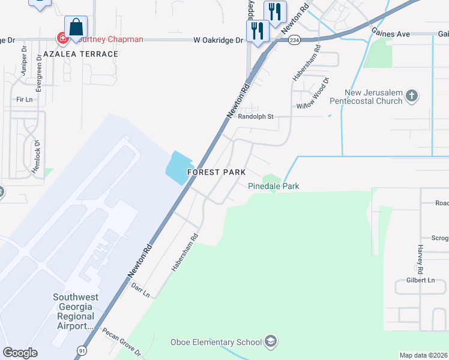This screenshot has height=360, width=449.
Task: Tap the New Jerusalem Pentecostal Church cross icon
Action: point(411,96)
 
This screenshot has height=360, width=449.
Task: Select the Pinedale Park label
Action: point(274,186)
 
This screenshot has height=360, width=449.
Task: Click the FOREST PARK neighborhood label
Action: point(216,172)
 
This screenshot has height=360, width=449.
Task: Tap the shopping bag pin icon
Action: point(76,28)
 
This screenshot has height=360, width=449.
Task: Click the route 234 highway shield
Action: point(294,40)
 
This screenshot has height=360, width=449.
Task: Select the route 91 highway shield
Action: point(80,350)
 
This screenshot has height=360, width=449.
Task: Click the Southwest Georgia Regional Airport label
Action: point(73,311)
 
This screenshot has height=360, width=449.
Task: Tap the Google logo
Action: point(20,352)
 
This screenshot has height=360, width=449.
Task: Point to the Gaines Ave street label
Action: point(391,34)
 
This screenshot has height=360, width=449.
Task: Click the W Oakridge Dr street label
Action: point(218,40)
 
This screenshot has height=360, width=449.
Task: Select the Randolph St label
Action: point(256,116)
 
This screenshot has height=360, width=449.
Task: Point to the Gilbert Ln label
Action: point(420,280)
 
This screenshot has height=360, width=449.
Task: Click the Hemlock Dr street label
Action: point(37,155)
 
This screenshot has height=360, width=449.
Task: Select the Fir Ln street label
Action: point(24,99)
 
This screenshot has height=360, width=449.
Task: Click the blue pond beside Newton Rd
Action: point(178,167)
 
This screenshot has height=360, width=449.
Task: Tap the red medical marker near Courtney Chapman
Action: point(62,39)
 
